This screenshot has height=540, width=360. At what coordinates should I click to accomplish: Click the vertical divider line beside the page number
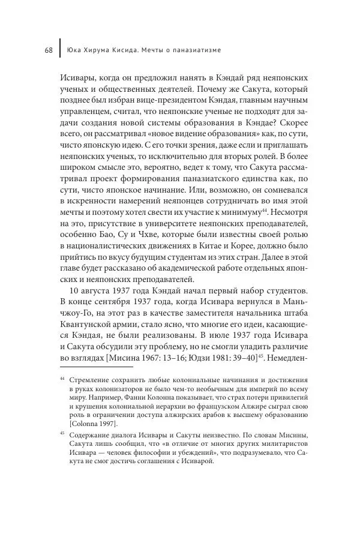pyautogui.click(x=59, y=50)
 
